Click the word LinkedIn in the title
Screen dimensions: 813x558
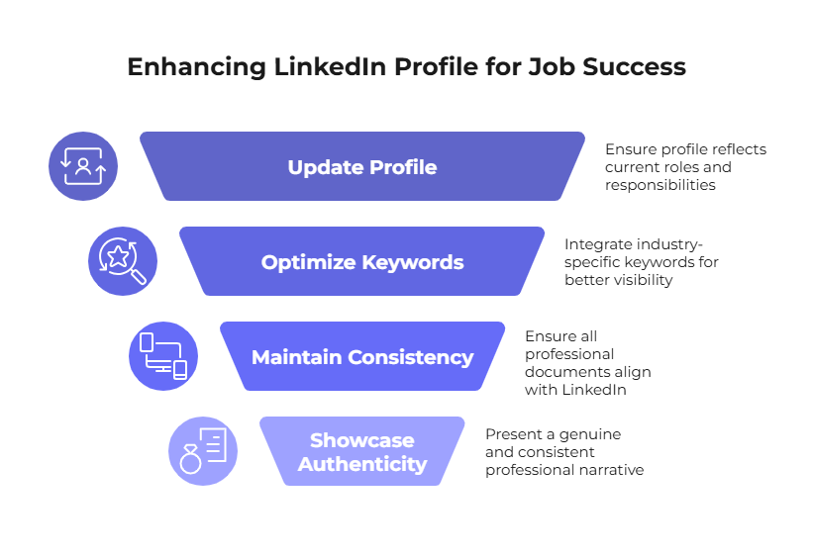pyautogui.click(x=330, y=67)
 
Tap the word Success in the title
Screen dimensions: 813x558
pyautogui.click(x=634, y=67)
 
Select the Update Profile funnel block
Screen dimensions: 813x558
pyautogui.click(x=362, y=166)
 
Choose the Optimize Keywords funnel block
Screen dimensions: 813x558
pyautogui.click(x=362, y=261)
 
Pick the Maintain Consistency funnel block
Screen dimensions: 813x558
pyautogui.click(x=362, y=356)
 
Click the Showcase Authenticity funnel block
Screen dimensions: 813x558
pyautogui.click(x=362, y=451)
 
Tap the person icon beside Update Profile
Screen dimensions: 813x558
pyautogui.click(x=83, y=166)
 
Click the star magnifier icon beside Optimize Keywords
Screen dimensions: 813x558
pyautogui.click(x=123, y=261)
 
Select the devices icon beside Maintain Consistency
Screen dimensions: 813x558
pyautogui.click(x=163, y=356)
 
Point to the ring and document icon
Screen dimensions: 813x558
pyautogui.click(x=203, y=451)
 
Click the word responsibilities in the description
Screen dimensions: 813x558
pyautogui.click(x=661, y=185)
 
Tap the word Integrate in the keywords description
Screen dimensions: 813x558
pyautogui.click(x=598, y=244)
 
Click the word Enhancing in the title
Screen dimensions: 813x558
pyautogui.click(x=196, y=67)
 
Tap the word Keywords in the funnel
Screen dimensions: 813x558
pyautogui.click(x=413, y=262)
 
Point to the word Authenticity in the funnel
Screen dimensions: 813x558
pyautogui.click(x=362, y=464)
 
